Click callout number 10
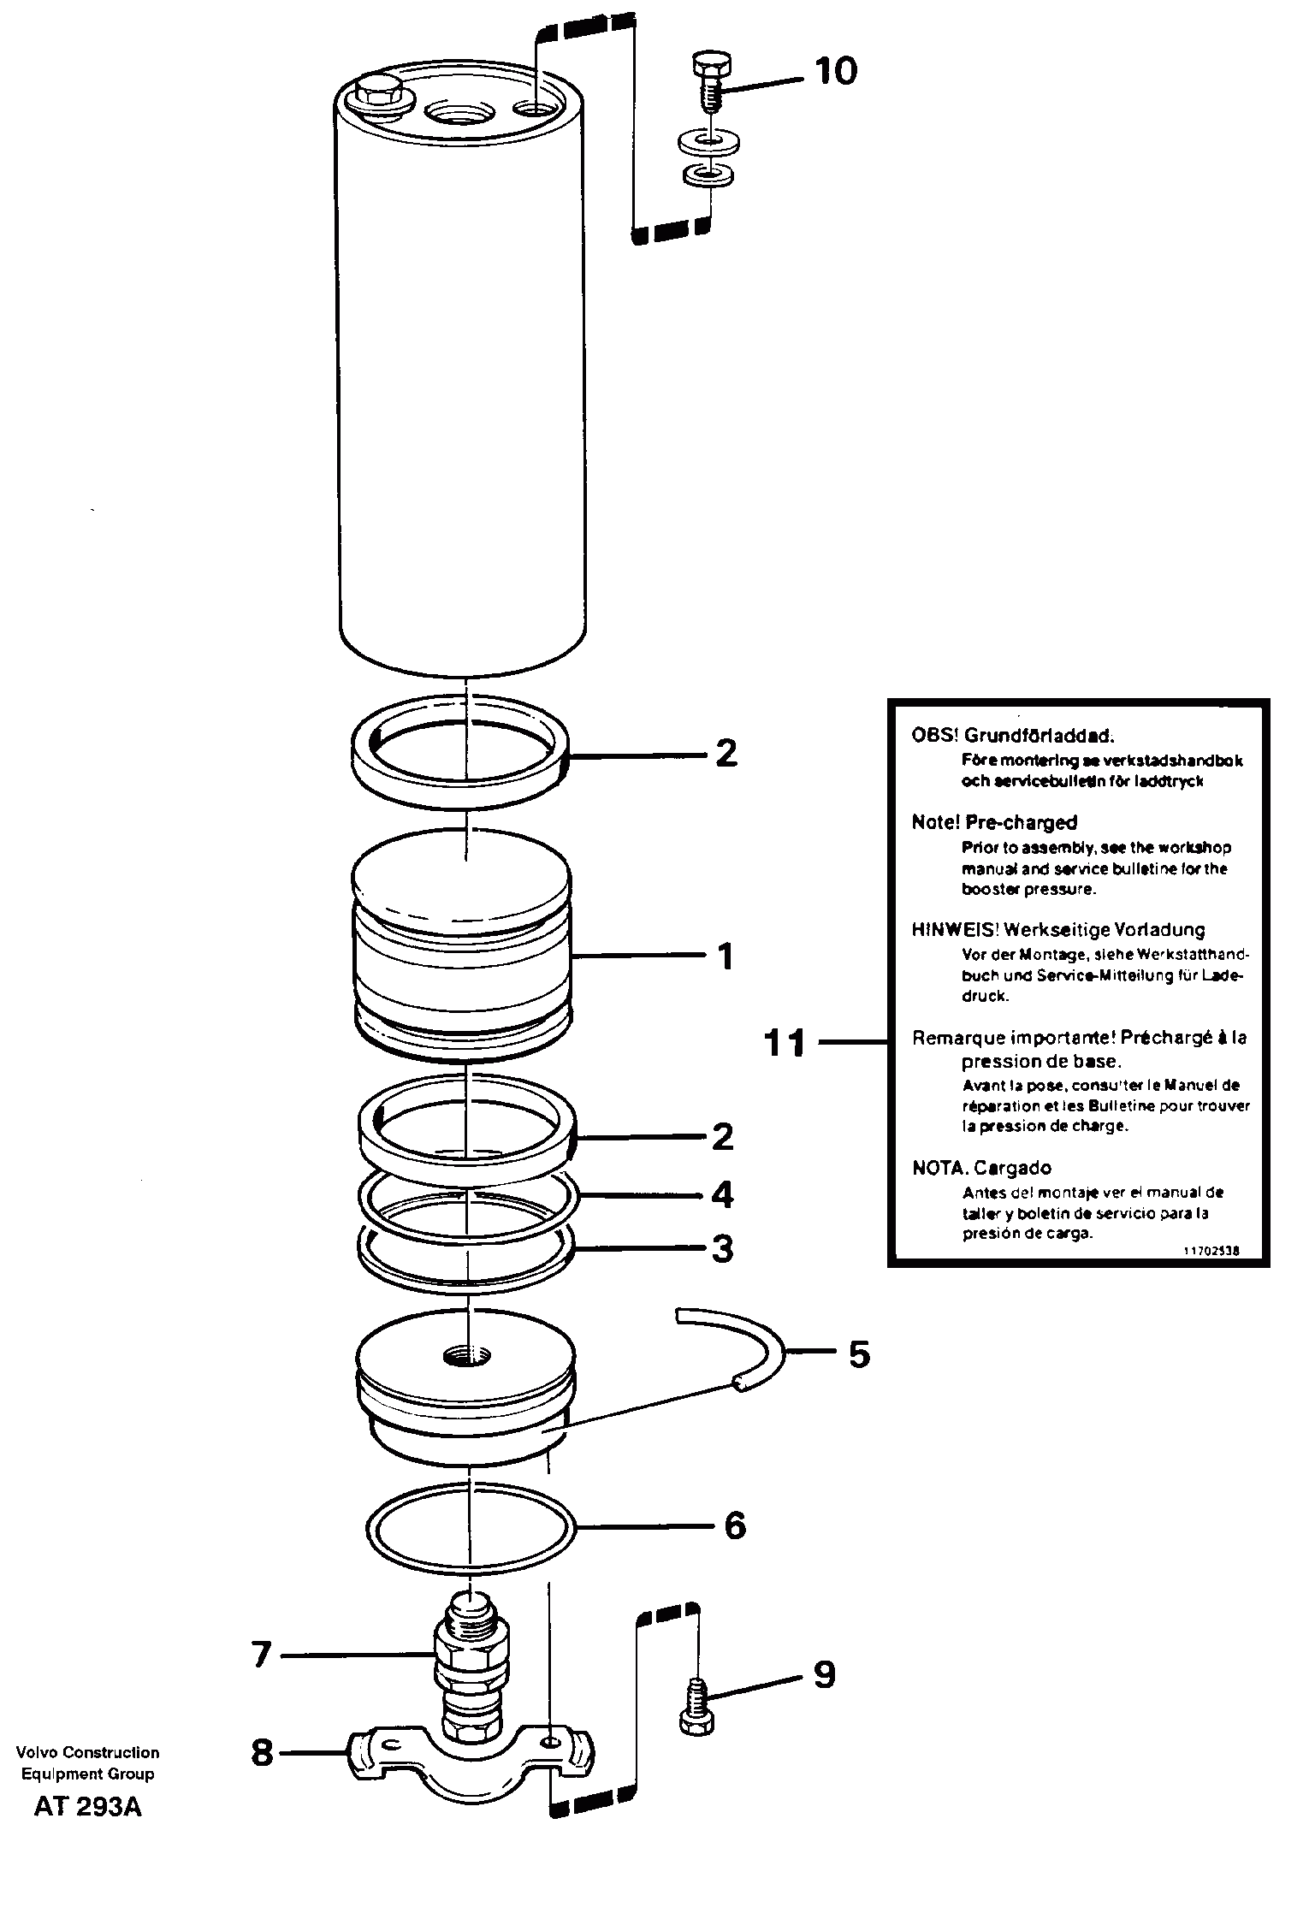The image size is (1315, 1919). point(835,71)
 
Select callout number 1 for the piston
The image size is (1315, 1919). point(726,956)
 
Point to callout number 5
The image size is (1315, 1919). point(858,1354)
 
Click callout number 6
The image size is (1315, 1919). point(735,1525)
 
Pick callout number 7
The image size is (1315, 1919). point(261,1655)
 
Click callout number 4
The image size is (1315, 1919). point(723,1194)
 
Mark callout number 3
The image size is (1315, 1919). point(723,1249)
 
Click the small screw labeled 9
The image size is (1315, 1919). point(695,1708)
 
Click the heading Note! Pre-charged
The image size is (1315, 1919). point(994,823)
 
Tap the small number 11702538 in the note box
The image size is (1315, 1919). point(1211,1250)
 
